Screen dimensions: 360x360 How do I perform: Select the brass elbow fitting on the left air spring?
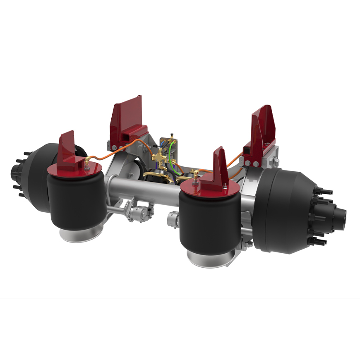pyautogui.click(x=87, y=162)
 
